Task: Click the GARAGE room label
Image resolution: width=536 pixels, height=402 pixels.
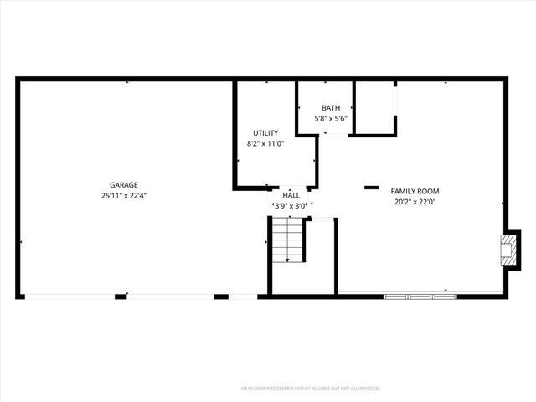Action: pyautogui.click(x=123, y=185)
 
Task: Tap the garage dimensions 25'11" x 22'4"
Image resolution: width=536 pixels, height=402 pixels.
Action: pyautogui.click(x=123, y=195)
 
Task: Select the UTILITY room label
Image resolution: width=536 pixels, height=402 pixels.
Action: pyautogui.click(x=265, y=133)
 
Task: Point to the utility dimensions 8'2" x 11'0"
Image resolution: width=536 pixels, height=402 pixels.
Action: pyautogui.click(x=265, y=144)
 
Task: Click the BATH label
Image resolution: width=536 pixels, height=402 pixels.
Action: pyautogui.click(x=331, y=108)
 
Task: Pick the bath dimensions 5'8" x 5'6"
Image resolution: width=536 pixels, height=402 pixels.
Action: pyautogui.click(x=331, y=119)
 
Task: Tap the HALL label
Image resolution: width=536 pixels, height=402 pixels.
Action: pyautogui.click(x=291, y=194)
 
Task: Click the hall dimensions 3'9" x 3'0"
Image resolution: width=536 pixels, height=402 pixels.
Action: pyautogui.click(x=291, y=205)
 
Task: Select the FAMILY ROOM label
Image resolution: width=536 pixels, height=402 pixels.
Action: pyautogui.click(x=415, y=191)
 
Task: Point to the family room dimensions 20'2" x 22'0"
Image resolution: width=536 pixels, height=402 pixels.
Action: pyautogui.click(x=415, y=202)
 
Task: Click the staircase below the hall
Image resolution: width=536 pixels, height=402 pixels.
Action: pyautogui.click(x=287, y=241)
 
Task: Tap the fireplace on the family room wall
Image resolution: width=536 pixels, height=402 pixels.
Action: pyautogui.click(x=508, y=250)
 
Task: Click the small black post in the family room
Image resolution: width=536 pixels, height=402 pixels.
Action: pyautogui.click(x=371, y=188)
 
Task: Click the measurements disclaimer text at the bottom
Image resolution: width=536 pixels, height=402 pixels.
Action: pyautogui.click(x=311, y=389)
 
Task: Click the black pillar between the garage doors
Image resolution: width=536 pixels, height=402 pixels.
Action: pyautogui.click(x=121, y=296)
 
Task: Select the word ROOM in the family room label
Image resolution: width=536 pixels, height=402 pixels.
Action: pyautogui.click(x=428, y=191)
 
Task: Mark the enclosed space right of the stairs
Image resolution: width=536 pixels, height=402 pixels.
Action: pyautogui.click(x=321, y=255)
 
